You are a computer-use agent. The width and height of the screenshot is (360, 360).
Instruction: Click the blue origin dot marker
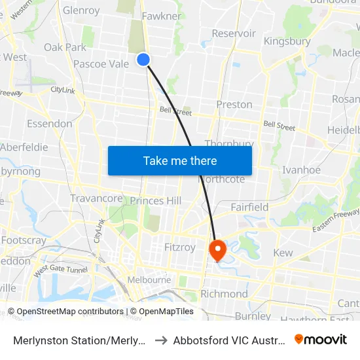143,60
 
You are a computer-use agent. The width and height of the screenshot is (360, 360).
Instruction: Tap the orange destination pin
217,249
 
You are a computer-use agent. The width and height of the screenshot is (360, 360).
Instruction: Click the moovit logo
321,340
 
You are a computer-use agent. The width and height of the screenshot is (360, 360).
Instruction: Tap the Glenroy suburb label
81,10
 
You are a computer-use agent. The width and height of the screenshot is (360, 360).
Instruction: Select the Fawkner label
161,16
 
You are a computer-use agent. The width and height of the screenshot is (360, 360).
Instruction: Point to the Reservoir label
234,33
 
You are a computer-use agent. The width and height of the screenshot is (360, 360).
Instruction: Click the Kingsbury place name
287,41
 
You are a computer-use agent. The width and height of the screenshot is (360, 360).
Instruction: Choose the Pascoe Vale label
101,64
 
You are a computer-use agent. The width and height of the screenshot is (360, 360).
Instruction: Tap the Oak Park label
65,47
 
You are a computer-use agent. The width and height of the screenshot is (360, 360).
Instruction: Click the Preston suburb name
234,105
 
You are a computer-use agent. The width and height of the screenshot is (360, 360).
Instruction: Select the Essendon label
50,124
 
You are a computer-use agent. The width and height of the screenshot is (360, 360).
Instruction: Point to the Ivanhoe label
300,170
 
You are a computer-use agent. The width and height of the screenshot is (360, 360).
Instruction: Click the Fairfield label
249,207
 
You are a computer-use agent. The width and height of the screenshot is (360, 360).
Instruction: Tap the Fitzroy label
179,247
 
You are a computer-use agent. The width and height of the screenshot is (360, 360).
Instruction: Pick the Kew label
283,253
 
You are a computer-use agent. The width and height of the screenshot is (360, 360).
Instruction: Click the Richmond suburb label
224,294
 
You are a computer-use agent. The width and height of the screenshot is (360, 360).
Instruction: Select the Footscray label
24,240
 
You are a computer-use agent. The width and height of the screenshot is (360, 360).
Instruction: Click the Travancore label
96,198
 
